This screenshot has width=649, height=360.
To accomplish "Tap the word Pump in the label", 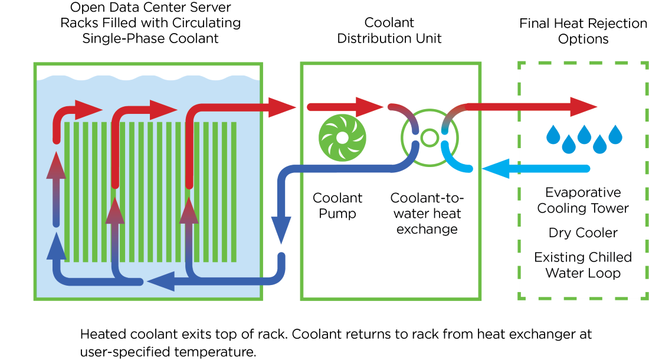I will [x=337, y=214].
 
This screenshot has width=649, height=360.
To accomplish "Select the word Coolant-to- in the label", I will [x=427, y=198].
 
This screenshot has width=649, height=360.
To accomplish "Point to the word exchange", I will [x=427, y=229].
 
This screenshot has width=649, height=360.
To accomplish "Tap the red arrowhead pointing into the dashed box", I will [x=584, y=107].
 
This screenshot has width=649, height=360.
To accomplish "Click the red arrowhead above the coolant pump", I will [x=370, y=107].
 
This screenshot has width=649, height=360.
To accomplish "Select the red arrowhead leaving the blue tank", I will [x=282, y=107].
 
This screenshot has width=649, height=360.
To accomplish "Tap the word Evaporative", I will [x=583, y=192].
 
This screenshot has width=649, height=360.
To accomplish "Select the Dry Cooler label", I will [x=583, y=233].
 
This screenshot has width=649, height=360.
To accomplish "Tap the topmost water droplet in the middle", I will [x=585, y=134].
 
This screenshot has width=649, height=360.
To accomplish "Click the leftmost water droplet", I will [x=553, y=135].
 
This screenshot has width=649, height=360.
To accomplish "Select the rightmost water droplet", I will [x=615, y=135].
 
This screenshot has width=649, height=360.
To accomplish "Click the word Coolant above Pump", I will [x=337, y=198].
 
